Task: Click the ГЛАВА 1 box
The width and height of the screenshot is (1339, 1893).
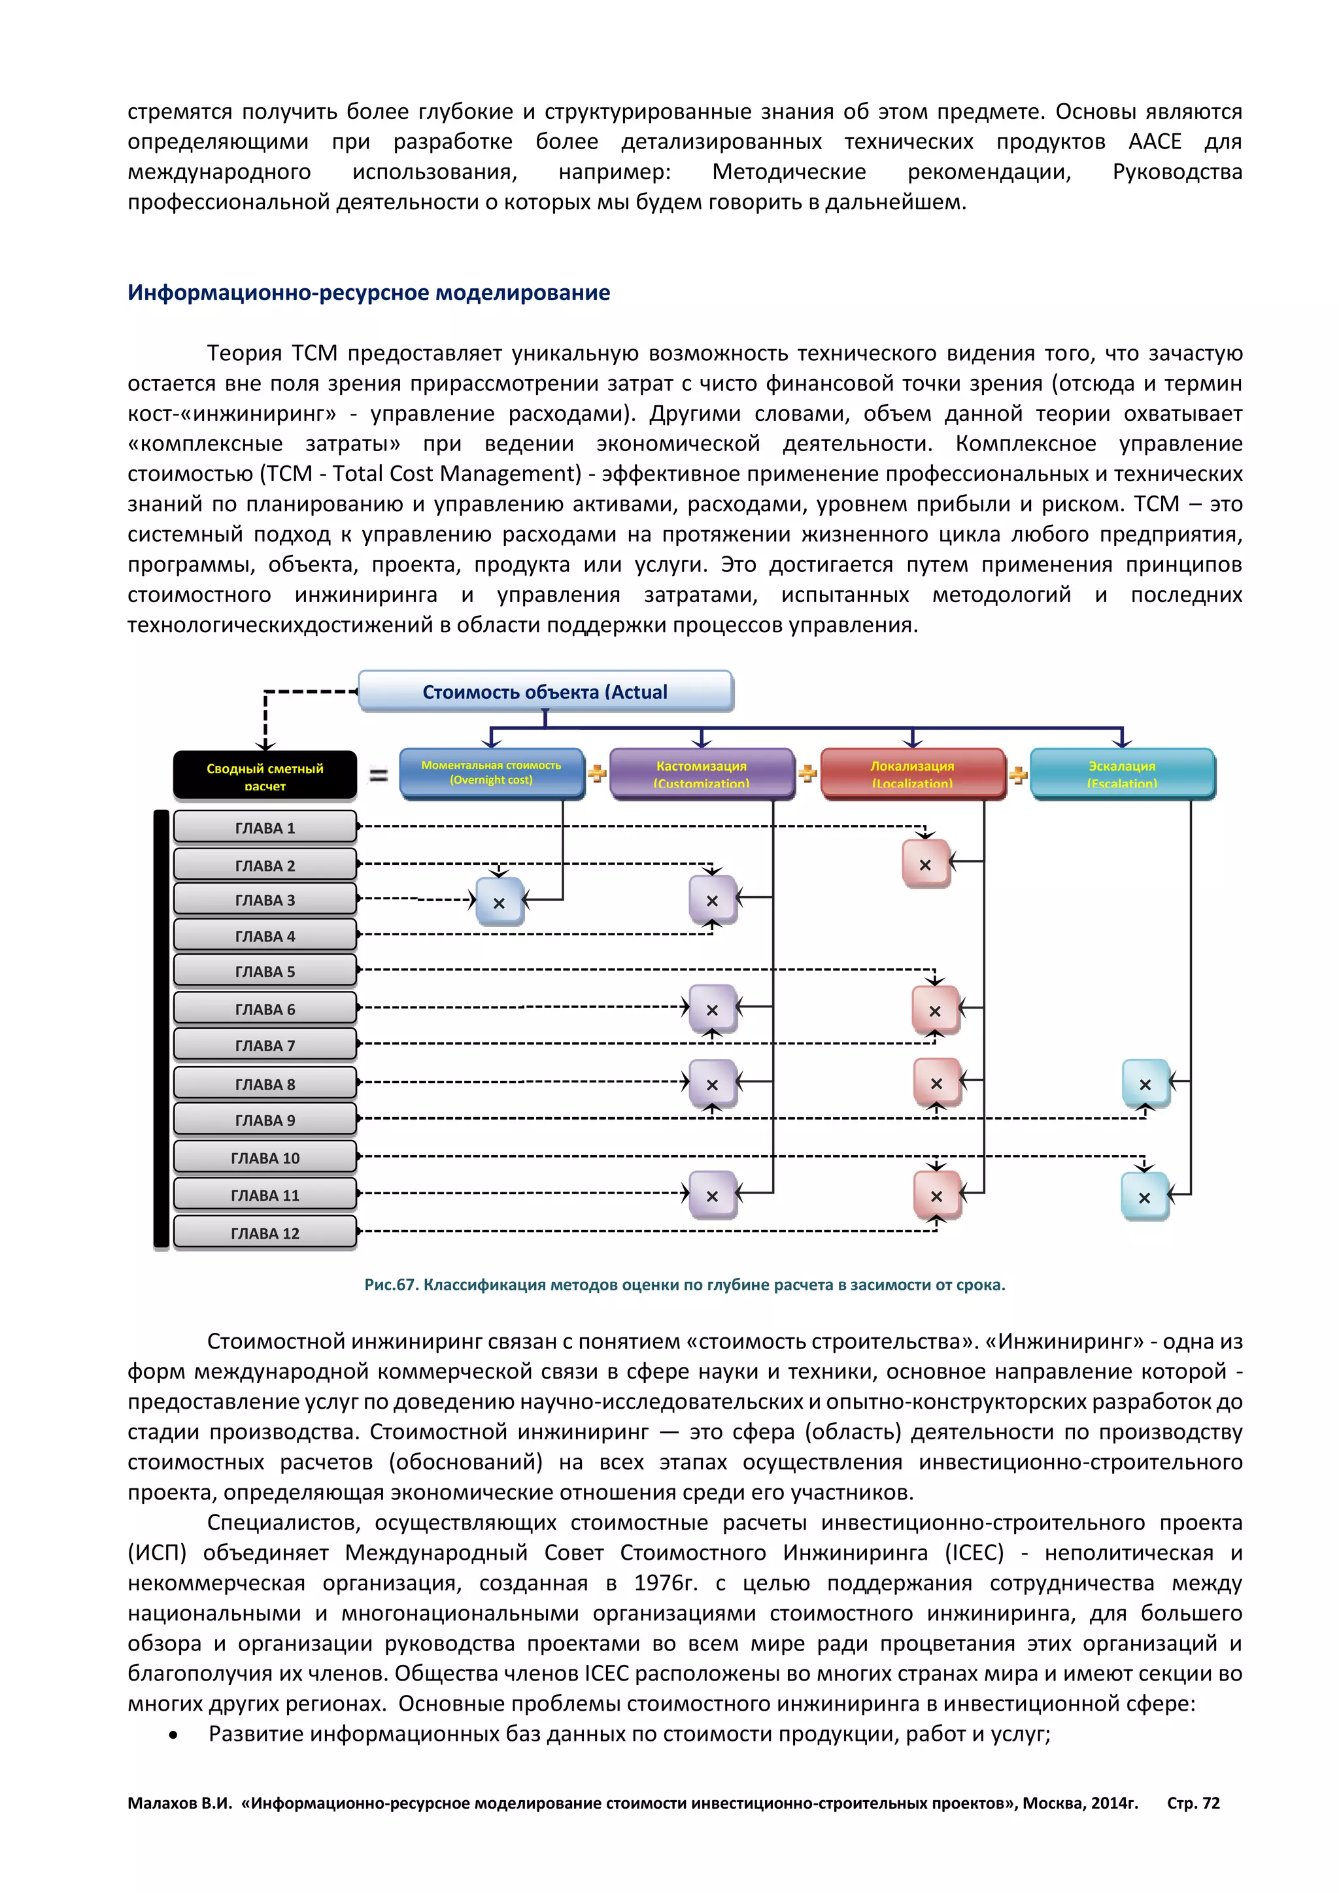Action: click(265, 827)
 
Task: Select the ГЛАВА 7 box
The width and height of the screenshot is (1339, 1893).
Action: click(265, 1045)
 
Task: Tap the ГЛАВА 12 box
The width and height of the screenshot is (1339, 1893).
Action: click(265, 1233)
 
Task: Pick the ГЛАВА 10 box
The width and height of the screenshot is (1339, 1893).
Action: click(265, 1158)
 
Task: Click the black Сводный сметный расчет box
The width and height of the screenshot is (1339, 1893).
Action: click(265, 775)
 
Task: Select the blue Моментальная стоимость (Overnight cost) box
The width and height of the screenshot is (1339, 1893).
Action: click(492, 773)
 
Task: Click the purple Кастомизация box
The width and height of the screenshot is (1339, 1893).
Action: click(702, 773)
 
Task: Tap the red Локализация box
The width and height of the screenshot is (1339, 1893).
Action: click(912, 773)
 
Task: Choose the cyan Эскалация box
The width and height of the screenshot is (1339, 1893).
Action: click(1122, 773)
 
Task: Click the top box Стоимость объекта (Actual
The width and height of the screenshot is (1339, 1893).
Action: click(545, 692)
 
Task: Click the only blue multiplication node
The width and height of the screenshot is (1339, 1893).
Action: click(499, 902)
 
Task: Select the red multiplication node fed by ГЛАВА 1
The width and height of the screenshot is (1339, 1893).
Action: click(925, 864)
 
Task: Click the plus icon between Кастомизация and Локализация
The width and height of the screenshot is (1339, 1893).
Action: click(808, 773)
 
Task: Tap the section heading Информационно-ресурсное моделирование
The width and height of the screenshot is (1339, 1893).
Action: click(369, 293)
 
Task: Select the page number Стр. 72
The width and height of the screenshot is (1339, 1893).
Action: click(1193, 1803)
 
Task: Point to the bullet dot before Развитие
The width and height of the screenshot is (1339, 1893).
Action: click(173, 1735)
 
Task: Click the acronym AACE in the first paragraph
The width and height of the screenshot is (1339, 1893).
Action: click(1155, 142)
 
